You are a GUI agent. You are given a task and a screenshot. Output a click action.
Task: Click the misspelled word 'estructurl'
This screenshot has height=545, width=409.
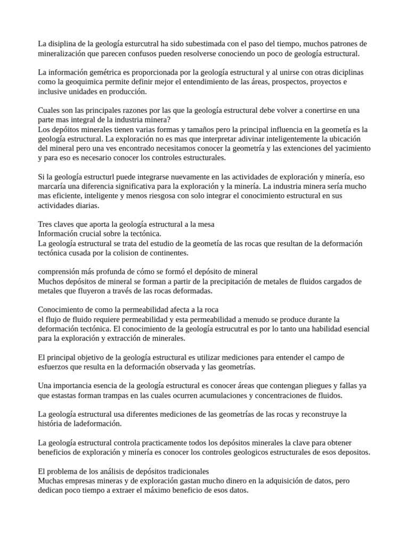point(105,177)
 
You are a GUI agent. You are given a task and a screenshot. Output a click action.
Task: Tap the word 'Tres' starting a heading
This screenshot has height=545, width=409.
point(45,225)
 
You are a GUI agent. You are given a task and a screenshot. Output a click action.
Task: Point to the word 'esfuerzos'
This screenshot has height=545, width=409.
point(54,367)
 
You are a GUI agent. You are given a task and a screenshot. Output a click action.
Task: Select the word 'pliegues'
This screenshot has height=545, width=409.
point(306,385)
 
